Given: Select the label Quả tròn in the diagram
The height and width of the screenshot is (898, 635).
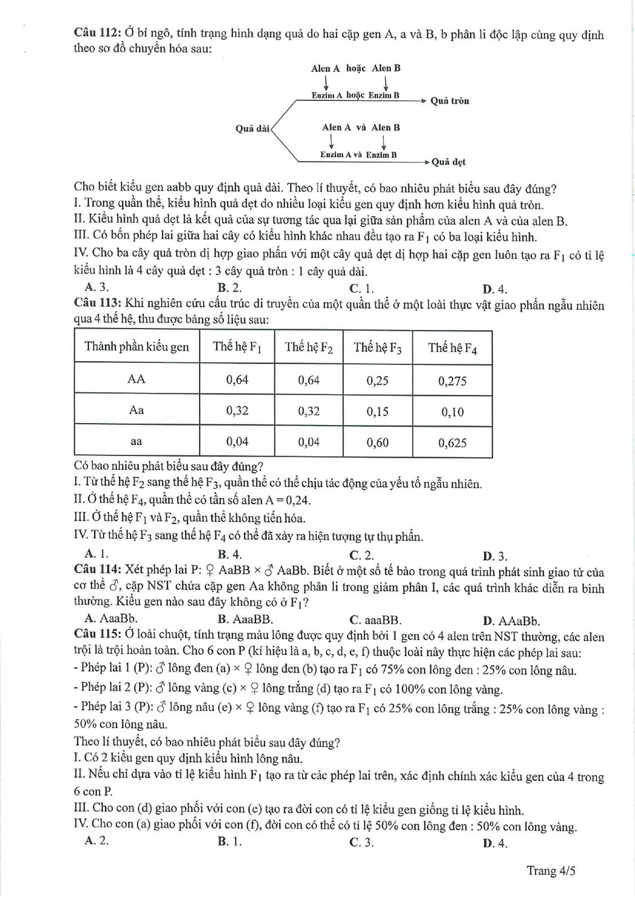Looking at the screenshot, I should [449, 101].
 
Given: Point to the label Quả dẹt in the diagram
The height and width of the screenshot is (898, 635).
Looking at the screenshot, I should [448, 161].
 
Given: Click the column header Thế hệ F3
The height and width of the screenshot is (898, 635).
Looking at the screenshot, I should [377, 347].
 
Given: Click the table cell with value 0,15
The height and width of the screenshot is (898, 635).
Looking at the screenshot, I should [377, 412].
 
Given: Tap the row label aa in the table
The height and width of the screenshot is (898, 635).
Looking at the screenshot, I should [137, 442].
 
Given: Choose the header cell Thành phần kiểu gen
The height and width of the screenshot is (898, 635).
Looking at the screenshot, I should [137, 346].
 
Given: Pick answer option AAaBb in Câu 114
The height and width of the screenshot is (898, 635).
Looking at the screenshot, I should [517, 621].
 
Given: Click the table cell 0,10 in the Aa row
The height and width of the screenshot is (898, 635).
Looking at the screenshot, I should [452, 412].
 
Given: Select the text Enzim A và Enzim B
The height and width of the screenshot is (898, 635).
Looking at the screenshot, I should [358, 154].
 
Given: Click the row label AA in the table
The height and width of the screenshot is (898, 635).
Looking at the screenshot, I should [137, 380].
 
